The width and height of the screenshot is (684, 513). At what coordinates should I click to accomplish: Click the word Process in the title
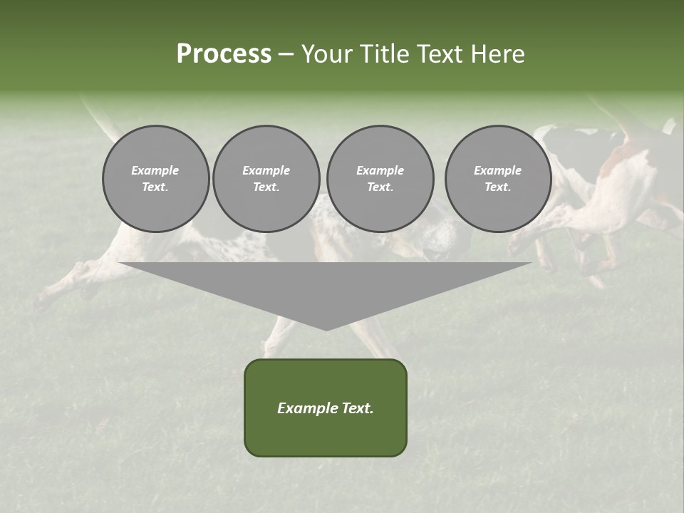pos(224,54)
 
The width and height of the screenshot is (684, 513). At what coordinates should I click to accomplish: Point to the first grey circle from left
pos(155,179)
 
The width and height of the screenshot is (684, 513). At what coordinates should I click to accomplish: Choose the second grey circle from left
pos(266,179)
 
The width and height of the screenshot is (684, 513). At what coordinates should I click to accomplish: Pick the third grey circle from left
pos(380,179)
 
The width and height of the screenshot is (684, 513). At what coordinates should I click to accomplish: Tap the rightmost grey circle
pos(498,179)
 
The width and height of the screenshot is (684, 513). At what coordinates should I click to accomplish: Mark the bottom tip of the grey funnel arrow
pos(326,329)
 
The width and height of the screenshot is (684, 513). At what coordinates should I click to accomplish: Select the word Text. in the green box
pos(357,408)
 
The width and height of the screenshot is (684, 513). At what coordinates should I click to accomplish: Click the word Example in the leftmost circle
pos(155,170)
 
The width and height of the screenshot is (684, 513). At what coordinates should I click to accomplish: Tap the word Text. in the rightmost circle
pos(498,187)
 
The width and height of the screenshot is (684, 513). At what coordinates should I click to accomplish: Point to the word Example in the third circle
pos(380,170)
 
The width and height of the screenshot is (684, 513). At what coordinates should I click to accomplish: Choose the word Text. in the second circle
pos(266,187)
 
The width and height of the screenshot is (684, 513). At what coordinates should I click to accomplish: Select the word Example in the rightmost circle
pos(498,170)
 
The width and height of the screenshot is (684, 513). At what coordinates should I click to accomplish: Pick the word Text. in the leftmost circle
pos(155,187)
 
